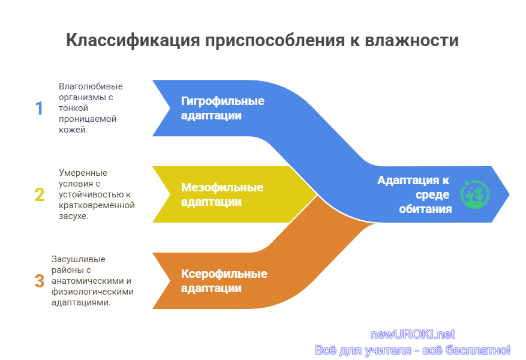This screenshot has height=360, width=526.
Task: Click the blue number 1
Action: click(x=39, y=109)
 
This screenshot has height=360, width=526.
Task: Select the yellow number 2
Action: click(x=40, y=194)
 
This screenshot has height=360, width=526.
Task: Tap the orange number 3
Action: click(x=40, y=281)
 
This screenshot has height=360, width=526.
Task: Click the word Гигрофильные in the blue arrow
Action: click(x=223, y=101)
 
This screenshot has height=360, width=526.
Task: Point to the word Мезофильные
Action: click(x=222, y=187)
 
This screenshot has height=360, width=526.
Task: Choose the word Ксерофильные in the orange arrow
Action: click(x=224, y=274)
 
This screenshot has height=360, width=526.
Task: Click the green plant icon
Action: click(x=475, y=194)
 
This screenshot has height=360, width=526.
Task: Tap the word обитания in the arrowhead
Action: click(x=425, y=209)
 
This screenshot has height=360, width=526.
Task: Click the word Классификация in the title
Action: click(x=133, y=41)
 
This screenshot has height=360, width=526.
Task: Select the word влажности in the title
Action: click(x=411, y=40)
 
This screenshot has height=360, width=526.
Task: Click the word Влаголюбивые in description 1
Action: click(x=91, y=86)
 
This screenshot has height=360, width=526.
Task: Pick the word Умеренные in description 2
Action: click(x=83, y=173)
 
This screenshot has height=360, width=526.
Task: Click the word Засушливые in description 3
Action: click(x=79, y=259)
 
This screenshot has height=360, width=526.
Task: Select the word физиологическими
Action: click(x=92, y=292)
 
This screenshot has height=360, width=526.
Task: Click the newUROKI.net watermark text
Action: click(x=413, y=335)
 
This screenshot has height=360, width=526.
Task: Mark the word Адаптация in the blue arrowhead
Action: click(x=409, y=181)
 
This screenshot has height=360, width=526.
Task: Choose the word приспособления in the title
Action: click(x=275, y=41)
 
